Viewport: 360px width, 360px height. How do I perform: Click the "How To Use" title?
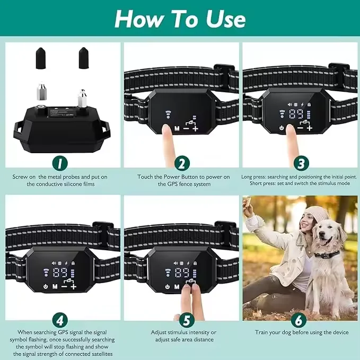point(180,19)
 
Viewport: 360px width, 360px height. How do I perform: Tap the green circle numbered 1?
point(60,163)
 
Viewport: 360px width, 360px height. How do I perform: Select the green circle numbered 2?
point(181,163)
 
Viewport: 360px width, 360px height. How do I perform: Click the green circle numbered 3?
point(300,163)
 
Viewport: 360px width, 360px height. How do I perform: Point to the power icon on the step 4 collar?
point(46,287)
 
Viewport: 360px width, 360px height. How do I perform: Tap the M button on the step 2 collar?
point(177,128)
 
